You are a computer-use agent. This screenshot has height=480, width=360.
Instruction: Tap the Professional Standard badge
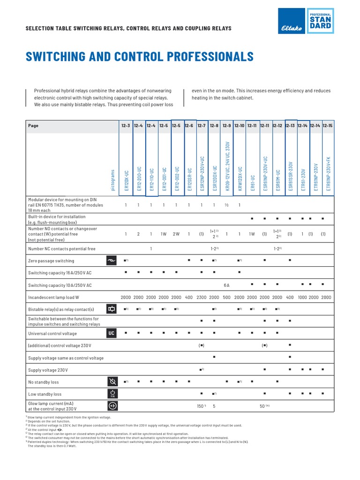point(320,21)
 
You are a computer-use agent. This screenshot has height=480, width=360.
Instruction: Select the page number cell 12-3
point(126,126)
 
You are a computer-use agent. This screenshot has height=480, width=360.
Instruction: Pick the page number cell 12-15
point(327,126)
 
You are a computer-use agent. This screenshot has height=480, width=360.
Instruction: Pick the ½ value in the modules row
point(227,205)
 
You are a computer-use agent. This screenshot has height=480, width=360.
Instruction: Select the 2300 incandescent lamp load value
point(202,297)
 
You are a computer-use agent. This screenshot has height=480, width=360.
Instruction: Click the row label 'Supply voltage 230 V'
point(48,370)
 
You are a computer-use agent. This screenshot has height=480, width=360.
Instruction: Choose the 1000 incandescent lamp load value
point(302,297)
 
